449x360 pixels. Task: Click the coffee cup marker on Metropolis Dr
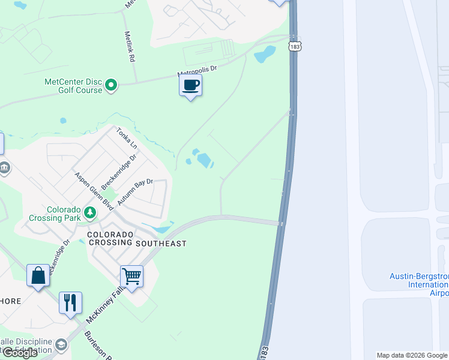coord(191,85)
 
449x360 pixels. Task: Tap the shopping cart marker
coord(132,277)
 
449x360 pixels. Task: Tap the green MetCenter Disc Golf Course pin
coord(111,86)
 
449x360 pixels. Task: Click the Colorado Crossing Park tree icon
coord(89,212)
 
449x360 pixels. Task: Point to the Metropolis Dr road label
coord(196,71)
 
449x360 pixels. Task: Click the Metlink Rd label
coord(129,48)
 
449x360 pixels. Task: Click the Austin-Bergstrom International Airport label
coord(419,284)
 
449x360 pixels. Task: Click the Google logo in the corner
coord(20,353)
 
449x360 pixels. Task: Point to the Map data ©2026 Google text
coord(412,355)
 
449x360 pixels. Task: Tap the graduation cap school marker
coord(61,344)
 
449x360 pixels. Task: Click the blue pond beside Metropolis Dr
coord(265,55)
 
